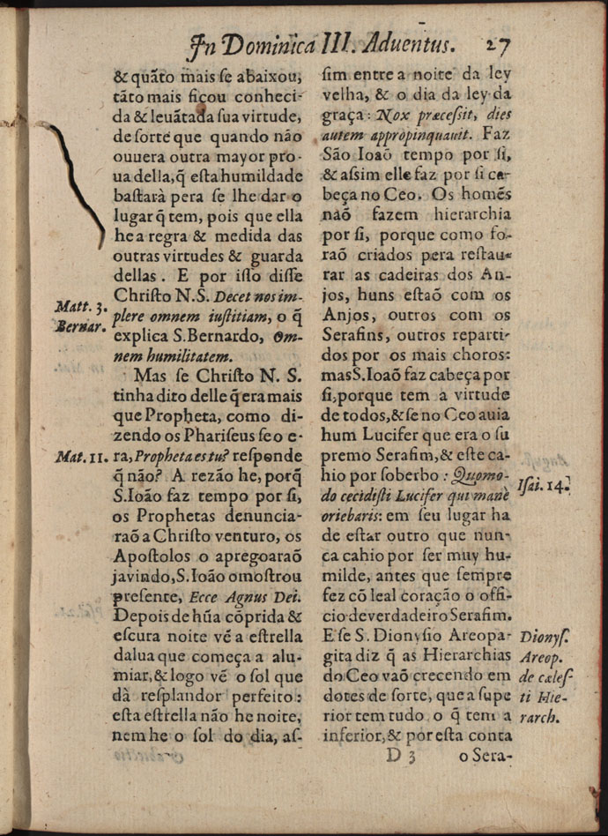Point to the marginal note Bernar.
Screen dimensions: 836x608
click(x=80, y=325)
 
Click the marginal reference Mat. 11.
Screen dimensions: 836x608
click(x=81, y=458)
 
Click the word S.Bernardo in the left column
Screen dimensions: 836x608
click(x=219, y=337)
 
